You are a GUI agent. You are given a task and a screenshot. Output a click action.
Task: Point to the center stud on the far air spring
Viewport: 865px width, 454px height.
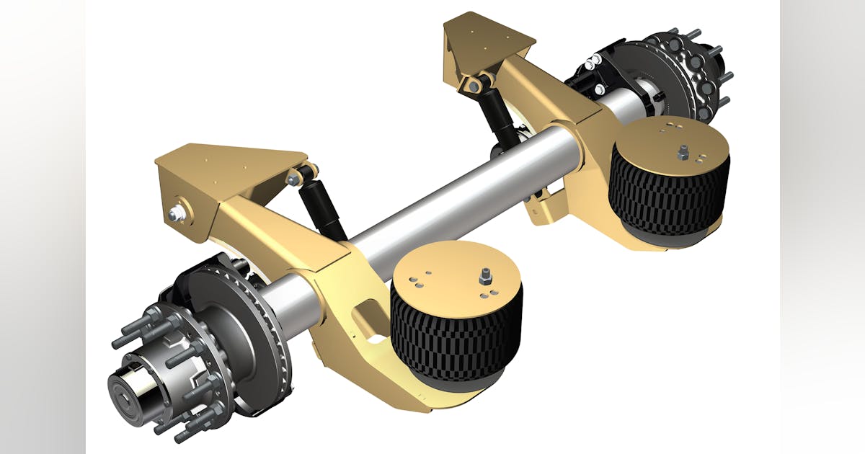pyautogui.click(x=682, y=151)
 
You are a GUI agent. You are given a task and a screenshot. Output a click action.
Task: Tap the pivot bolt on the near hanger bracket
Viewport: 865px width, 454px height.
pyautogui.click(x=177, y=214)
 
